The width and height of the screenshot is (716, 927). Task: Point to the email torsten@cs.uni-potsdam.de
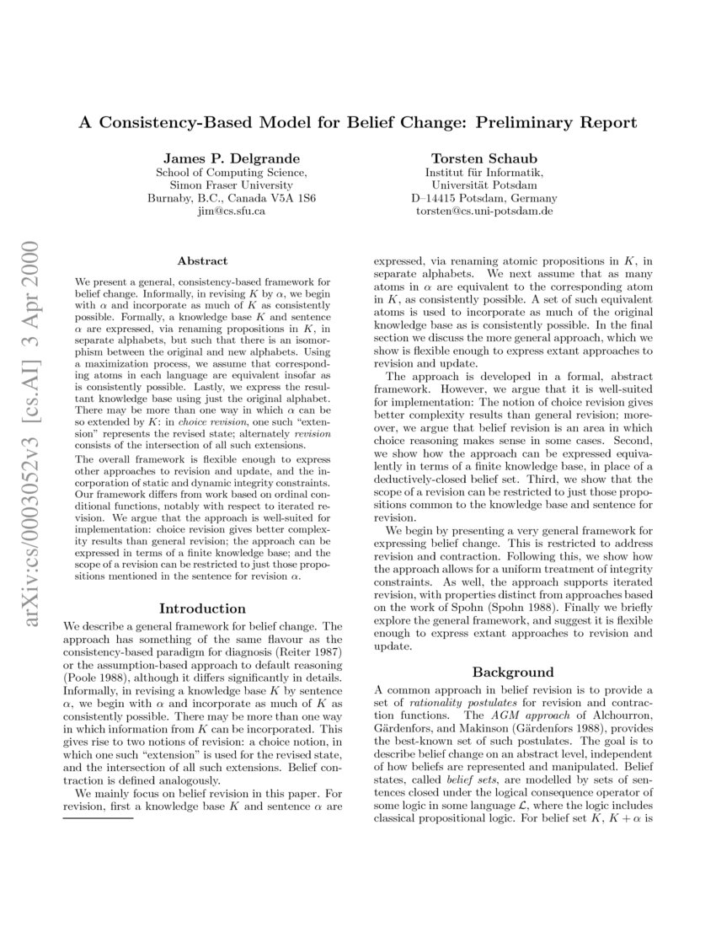point(484,212)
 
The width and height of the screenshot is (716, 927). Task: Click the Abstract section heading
point(202,262)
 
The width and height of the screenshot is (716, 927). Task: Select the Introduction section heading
point(202,608)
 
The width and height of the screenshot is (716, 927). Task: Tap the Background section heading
point(512,672)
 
